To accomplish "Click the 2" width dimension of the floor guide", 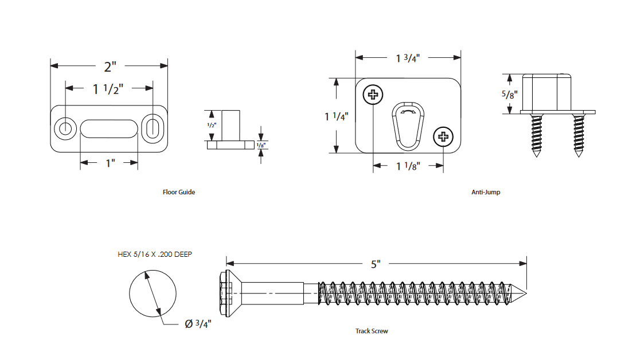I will point(109,66).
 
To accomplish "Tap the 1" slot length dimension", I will point(110,163).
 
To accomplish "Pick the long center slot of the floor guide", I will point(108,128).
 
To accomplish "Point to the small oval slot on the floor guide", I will point(152,128).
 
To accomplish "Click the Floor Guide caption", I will point(179,192).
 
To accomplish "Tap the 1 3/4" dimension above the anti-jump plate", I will point(408,58).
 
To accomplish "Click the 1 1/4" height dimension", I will point(337,116).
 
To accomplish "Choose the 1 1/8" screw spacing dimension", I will point(408,166).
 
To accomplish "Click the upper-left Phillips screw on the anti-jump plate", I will point(373,95).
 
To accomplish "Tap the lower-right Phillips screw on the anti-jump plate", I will point(443,136).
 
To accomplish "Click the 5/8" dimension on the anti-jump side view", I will point(507,95).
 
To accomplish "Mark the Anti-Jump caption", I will point(486,192).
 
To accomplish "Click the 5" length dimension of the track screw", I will point(376,264).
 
